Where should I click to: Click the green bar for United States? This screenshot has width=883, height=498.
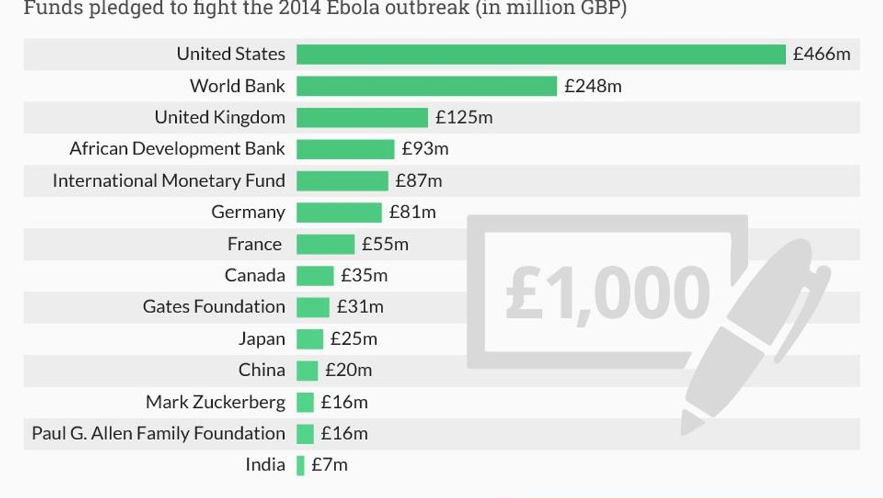pos(540,55)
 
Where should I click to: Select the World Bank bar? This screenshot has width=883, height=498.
pos(426,86)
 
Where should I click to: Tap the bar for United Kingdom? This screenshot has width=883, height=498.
pos(362,118)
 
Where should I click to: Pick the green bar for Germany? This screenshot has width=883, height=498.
pos(338,213)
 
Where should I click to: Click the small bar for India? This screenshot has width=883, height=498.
pos(301,465)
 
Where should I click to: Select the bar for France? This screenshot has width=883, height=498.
pos(325,244)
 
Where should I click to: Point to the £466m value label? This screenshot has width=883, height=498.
pos(821,55)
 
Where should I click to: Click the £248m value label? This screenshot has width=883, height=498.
pos(593,86)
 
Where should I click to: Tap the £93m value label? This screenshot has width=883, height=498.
pos(425,149)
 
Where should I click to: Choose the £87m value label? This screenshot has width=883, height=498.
pos(418,181)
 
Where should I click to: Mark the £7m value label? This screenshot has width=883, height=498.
pos(329,465)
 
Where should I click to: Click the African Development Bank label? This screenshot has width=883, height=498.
pos(177,149)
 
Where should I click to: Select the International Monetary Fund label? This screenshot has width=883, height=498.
pos(169,181)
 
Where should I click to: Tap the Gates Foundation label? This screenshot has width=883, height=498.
pos(213,307)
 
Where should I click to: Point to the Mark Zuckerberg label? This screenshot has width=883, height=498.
pos(215,402)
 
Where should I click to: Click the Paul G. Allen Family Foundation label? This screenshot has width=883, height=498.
pos(158,434)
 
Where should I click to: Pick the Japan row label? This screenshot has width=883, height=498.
pos(261,339)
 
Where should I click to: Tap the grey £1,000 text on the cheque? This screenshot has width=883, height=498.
pos(607,292)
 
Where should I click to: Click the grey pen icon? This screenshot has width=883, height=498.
pos(752,333)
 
